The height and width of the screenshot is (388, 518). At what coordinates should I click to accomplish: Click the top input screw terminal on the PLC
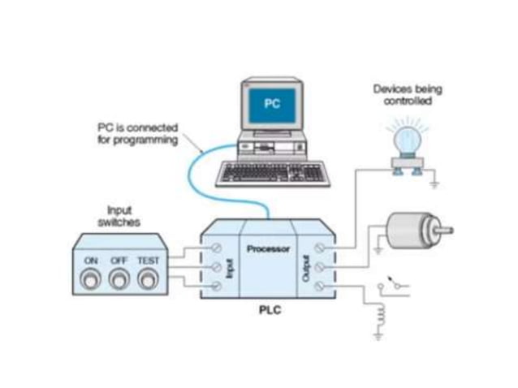(x=217, y=247)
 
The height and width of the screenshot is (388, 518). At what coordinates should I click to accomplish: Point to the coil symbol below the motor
(x=378, y=313)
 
